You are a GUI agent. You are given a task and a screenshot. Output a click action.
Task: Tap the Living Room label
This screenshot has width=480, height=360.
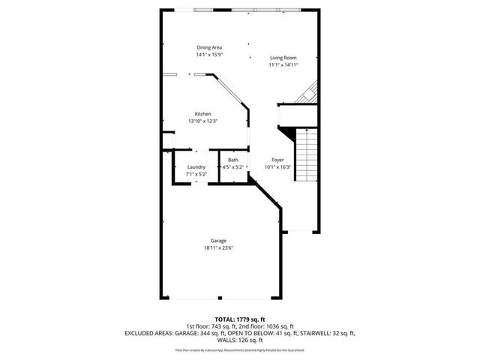pos(283,58)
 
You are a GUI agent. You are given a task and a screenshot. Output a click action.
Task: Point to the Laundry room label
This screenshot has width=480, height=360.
pos(185,166)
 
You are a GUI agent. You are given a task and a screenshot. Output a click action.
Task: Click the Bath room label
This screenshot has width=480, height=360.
pos(233,160)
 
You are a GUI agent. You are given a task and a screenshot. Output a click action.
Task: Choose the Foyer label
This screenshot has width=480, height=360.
pos(277,160)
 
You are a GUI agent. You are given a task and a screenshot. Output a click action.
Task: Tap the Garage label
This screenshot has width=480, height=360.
pos(218,241)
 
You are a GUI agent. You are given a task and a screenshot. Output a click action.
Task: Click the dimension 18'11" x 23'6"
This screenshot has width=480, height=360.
pos(218,248)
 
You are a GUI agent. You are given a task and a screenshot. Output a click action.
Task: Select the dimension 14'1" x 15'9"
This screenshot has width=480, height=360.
pos(209,55)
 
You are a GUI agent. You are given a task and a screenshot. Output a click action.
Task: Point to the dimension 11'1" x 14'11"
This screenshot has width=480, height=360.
pos(283,64)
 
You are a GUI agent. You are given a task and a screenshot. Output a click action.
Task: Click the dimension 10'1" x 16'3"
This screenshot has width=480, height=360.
pos(277,167)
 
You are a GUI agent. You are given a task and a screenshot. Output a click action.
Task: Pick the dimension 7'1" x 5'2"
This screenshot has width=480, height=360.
pos(185,174)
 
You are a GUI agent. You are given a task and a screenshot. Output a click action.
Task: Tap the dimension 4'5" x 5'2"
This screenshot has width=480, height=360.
pos(233,167)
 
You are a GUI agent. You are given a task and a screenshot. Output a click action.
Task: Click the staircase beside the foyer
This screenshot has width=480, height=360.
pos(304,154)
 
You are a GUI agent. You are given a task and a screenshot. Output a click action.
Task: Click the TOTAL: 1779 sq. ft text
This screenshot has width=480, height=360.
pos(239,319)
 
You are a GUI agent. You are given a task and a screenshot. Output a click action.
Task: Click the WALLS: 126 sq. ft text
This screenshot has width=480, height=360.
pos(239,339)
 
